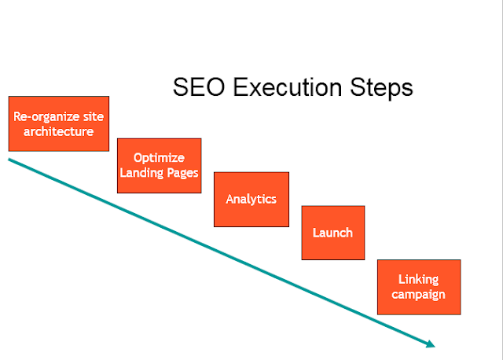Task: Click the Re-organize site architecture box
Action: (58, 123)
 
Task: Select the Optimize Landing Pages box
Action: (159, 165)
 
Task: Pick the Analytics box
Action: (251, 199)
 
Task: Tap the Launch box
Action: (333, 233)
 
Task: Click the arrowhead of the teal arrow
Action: (429, 343)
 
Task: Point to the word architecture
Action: (59, 131)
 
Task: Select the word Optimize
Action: (159, 157)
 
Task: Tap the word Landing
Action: (144, 172)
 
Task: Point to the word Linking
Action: (418, 279)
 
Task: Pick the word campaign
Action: (418, 294)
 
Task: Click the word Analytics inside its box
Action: (251, 199)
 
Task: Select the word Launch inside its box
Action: (333, 233)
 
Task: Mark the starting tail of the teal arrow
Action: (10, 160)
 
